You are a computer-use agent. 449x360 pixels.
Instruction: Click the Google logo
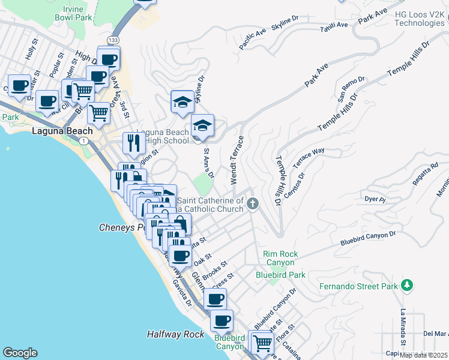tap(20, 353)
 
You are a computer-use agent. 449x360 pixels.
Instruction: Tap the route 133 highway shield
tap(113, 40)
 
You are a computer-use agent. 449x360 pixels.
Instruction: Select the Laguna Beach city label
tap(62, 131)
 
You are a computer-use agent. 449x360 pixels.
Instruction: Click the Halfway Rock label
tap(175, 334)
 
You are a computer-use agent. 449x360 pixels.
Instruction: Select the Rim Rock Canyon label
tap(279, 258)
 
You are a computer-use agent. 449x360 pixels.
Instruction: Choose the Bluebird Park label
tap(280, 275)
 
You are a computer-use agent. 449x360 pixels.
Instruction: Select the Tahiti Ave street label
tap(334, 25)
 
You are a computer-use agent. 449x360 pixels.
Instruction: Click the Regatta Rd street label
tap(427, 166)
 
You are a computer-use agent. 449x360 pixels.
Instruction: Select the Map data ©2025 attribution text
tap(423, 355)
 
